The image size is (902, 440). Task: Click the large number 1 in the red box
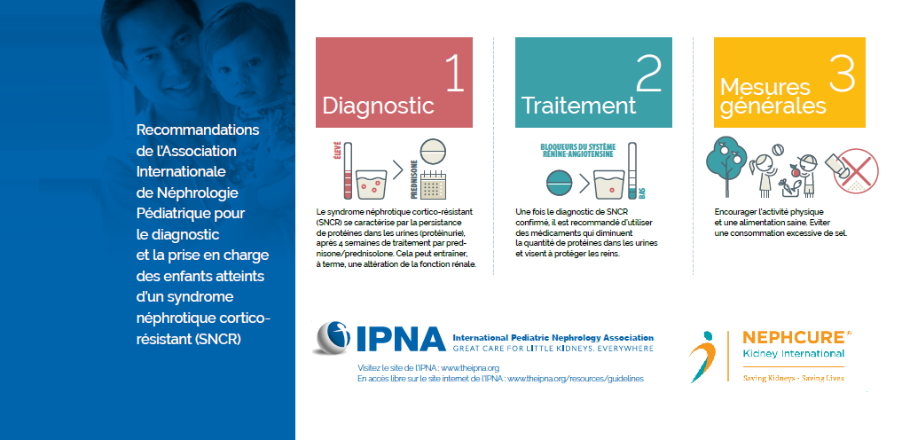[x=455, y=73]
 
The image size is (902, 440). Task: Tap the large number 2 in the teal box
[x=649, y=73]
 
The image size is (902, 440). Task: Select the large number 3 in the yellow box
[x=843, y=73]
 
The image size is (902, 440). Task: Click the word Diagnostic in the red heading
[x=378, y=106]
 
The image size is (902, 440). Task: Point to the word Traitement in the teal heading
[x=578, y=106]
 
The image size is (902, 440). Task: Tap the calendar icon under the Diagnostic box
[x=432, y=184]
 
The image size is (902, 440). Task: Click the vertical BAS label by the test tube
[x=642, y=193]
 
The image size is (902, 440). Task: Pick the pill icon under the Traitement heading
[x=559, y=184]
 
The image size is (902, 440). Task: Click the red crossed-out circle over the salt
[x=856, y=171]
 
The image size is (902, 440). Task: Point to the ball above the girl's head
[x=777, y=150]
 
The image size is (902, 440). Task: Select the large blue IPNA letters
[x=401, y=339]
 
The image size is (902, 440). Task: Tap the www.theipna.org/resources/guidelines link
[x=576, y=379]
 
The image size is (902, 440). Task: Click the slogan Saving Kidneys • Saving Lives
[x=794, y=378]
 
